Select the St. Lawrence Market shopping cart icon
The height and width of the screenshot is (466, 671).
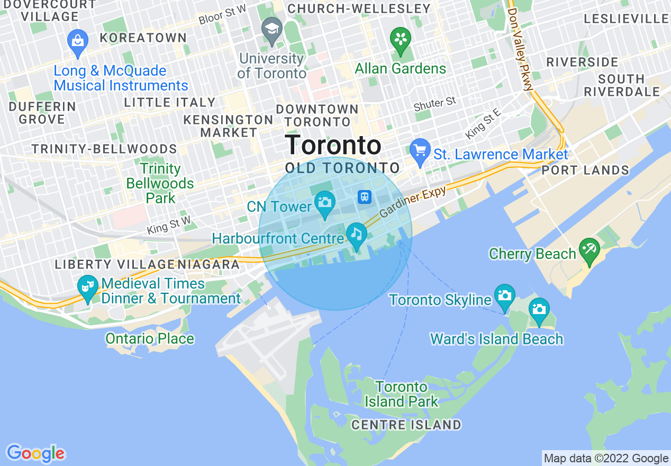tap(420, 151)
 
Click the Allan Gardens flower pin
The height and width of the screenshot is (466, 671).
tap(401, 39)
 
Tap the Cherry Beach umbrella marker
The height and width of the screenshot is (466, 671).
tap(589, 249)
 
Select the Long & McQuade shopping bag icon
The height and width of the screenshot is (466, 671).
tap(78, 41)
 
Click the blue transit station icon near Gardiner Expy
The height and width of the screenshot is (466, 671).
tap(365, 197)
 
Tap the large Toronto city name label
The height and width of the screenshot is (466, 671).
tap(333, 145)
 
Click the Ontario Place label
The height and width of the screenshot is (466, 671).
tap(150, 338)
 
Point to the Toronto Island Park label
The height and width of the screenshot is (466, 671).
tap(402, 394)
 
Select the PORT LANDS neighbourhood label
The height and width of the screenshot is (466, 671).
tap(585, 171)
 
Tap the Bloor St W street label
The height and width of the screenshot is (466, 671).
tap(223, 14)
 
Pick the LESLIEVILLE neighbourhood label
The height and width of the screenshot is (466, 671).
tap(626, 19)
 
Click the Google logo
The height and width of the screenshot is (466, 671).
tap(35, 453)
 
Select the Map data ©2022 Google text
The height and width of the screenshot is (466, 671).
tap(606, 459)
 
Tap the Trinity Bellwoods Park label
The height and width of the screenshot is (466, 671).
tap(160, 184)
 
